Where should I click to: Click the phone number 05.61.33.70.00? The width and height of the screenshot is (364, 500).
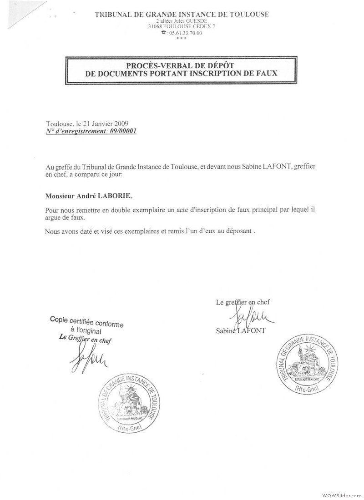[184, 33]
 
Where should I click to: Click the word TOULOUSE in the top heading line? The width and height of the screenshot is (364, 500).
[248, 15]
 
